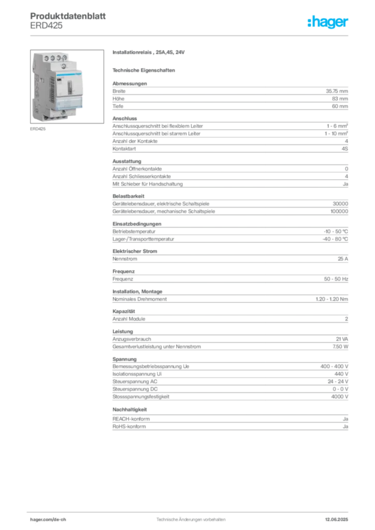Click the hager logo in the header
(x=327, y=22)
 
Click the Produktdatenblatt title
(x=68, y=16)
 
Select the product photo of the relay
(x=67, y=86)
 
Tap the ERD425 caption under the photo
(x=38, y=129)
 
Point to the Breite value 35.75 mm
(x=337, y=91)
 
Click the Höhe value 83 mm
(x=340, y=99)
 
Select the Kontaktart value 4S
(x=344, y=149)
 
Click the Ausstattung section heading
(x=127, y=161)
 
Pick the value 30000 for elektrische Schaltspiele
(x=340, y=204)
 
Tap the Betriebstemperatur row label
(x=134, y=231)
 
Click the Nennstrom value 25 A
(x=343, y=259)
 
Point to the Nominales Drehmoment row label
(x=140, y=299)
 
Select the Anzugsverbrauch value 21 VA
(x=342, y=339)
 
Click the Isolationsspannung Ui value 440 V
(x=341, y=374)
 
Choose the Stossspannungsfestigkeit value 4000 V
(x=339, y=396)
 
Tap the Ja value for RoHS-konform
(x=345, y=426)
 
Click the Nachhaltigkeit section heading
(x=130, y=410)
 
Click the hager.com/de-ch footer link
(x=48, y=520)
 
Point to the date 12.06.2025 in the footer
(x=337, y=520)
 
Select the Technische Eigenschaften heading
(x=143, y=70)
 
